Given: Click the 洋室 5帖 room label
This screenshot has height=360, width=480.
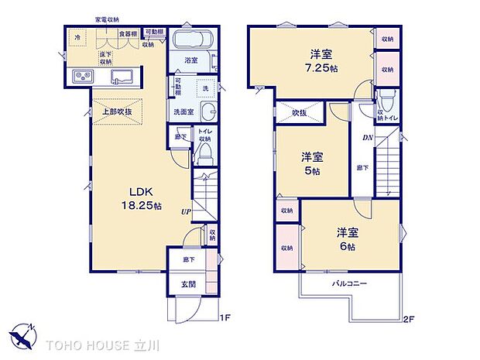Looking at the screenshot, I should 310,163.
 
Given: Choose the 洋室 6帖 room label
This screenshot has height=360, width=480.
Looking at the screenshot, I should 345,238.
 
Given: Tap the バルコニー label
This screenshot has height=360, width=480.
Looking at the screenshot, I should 350,285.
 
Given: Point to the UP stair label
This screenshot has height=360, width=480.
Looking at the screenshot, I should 187,211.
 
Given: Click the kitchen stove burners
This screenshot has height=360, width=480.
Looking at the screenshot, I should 82,76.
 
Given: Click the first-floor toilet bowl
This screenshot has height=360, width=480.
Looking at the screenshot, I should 204,157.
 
